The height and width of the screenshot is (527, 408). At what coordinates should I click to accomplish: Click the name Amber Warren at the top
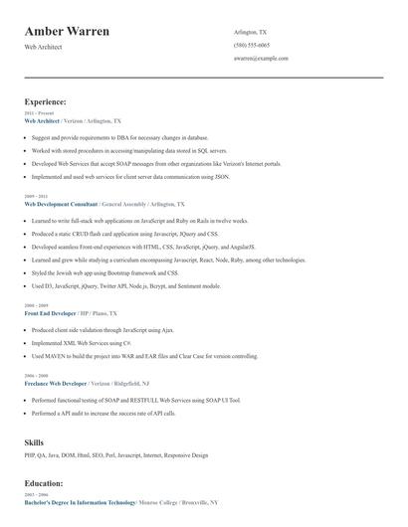[x=67, y=32]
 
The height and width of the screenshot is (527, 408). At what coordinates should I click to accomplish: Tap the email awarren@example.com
[x=261, y=59]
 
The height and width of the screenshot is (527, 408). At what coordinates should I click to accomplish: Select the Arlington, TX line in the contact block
[x=250, y=32]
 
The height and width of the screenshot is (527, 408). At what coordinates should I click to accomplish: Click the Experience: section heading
[x=46, y=101]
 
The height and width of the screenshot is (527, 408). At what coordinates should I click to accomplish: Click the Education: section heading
[x=46, y=484]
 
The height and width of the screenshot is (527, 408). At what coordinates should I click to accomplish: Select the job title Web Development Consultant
[x=62, y=203]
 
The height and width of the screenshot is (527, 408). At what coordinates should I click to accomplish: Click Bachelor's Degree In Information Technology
[x=80, y=503]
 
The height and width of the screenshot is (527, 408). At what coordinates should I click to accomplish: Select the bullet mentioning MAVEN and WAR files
[x=144, y=356]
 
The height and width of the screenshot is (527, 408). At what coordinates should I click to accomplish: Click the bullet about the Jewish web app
[x=104, y=272]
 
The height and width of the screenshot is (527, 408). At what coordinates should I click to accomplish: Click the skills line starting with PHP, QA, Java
[x=116, y=455]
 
